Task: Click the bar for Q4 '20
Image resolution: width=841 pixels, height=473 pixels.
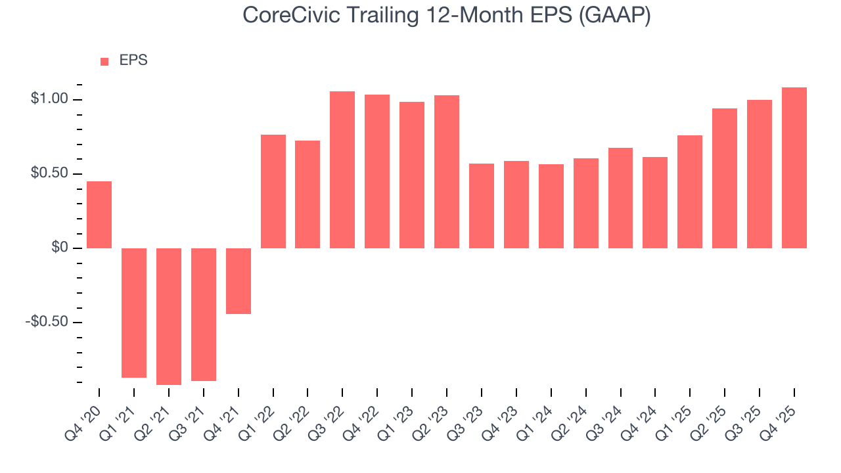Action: coord(99,215)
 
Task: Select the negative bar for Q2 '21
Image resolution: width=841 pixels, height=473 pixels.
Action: coord(169,316)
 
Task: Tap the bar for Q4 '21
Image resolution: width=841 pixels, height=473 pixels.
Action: coord(239,281)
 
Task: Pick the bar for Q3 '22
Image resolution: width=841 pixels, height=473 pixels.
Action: coord(342,169)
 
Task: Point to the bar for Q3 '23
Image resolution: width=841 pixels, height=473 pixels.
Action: coord(482,206)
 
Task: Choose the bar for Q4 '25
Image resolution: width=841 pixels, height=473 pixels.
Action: coord(794,168)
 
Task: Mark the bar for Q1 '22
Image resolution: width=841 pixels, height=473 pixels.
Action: coord(273,191)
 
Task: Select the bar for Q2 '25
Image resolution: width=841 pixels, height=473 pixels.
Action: coord(725,178)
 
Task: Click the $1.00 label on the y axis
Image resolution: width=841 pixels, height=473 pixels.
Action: coord(49,99)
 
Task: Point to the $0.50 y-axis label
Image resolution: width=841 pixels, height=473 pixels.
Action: coord(49,173)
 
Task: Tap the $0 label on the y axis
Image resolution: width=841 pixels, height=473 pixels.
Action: coord(60,248)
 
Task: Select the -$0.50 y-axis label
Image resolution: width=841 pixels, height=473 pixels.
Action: coord(47,322)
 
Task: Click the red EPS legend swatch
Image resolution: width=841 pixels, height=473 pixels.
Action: coord(104,61)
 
